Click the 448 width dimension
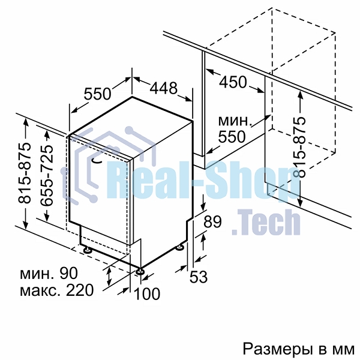pyautogui.click(x=164, y=88)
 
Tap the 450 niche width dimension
pyautogui.click(x=233, y=82)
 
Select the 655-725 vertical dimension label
pyautogui.click(x=47, y=175)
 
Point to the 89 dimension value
pyautogui.click(x=212, y=221)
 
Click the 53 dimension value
pyautogui.click(x=199, y=277)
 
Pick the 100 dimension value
pyautogui.click(x=147, y=293)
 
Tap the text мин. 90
pyautogui.click(x=49, y=273)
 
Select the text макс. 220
pyautogui.click(x=57, y=290)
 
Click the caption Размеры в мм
pyautogui.click(x=298, y=349)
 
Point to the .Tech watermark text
pyautogui.click(x=266, y=222)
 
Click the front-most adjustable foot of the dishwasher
pyautogui.click(x=140, y=271)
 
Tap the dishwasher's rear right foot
pyautogui.click(x=179, y=248)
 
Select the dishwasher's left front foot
pyautogui.click(x=87, y=250)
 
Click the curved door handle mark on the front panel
pyautogui.click(x=97, y=161)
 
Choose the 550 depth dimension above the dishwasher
pyautogui.click(x=97, y=94)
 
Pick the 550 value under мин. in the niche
pyautogui.click(x=232, y=137)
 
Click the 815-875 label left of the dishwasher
pyautogui.click(x=25, y=173)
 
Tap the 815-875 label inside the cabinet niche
pyautogui.click(x=299, y=147)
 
